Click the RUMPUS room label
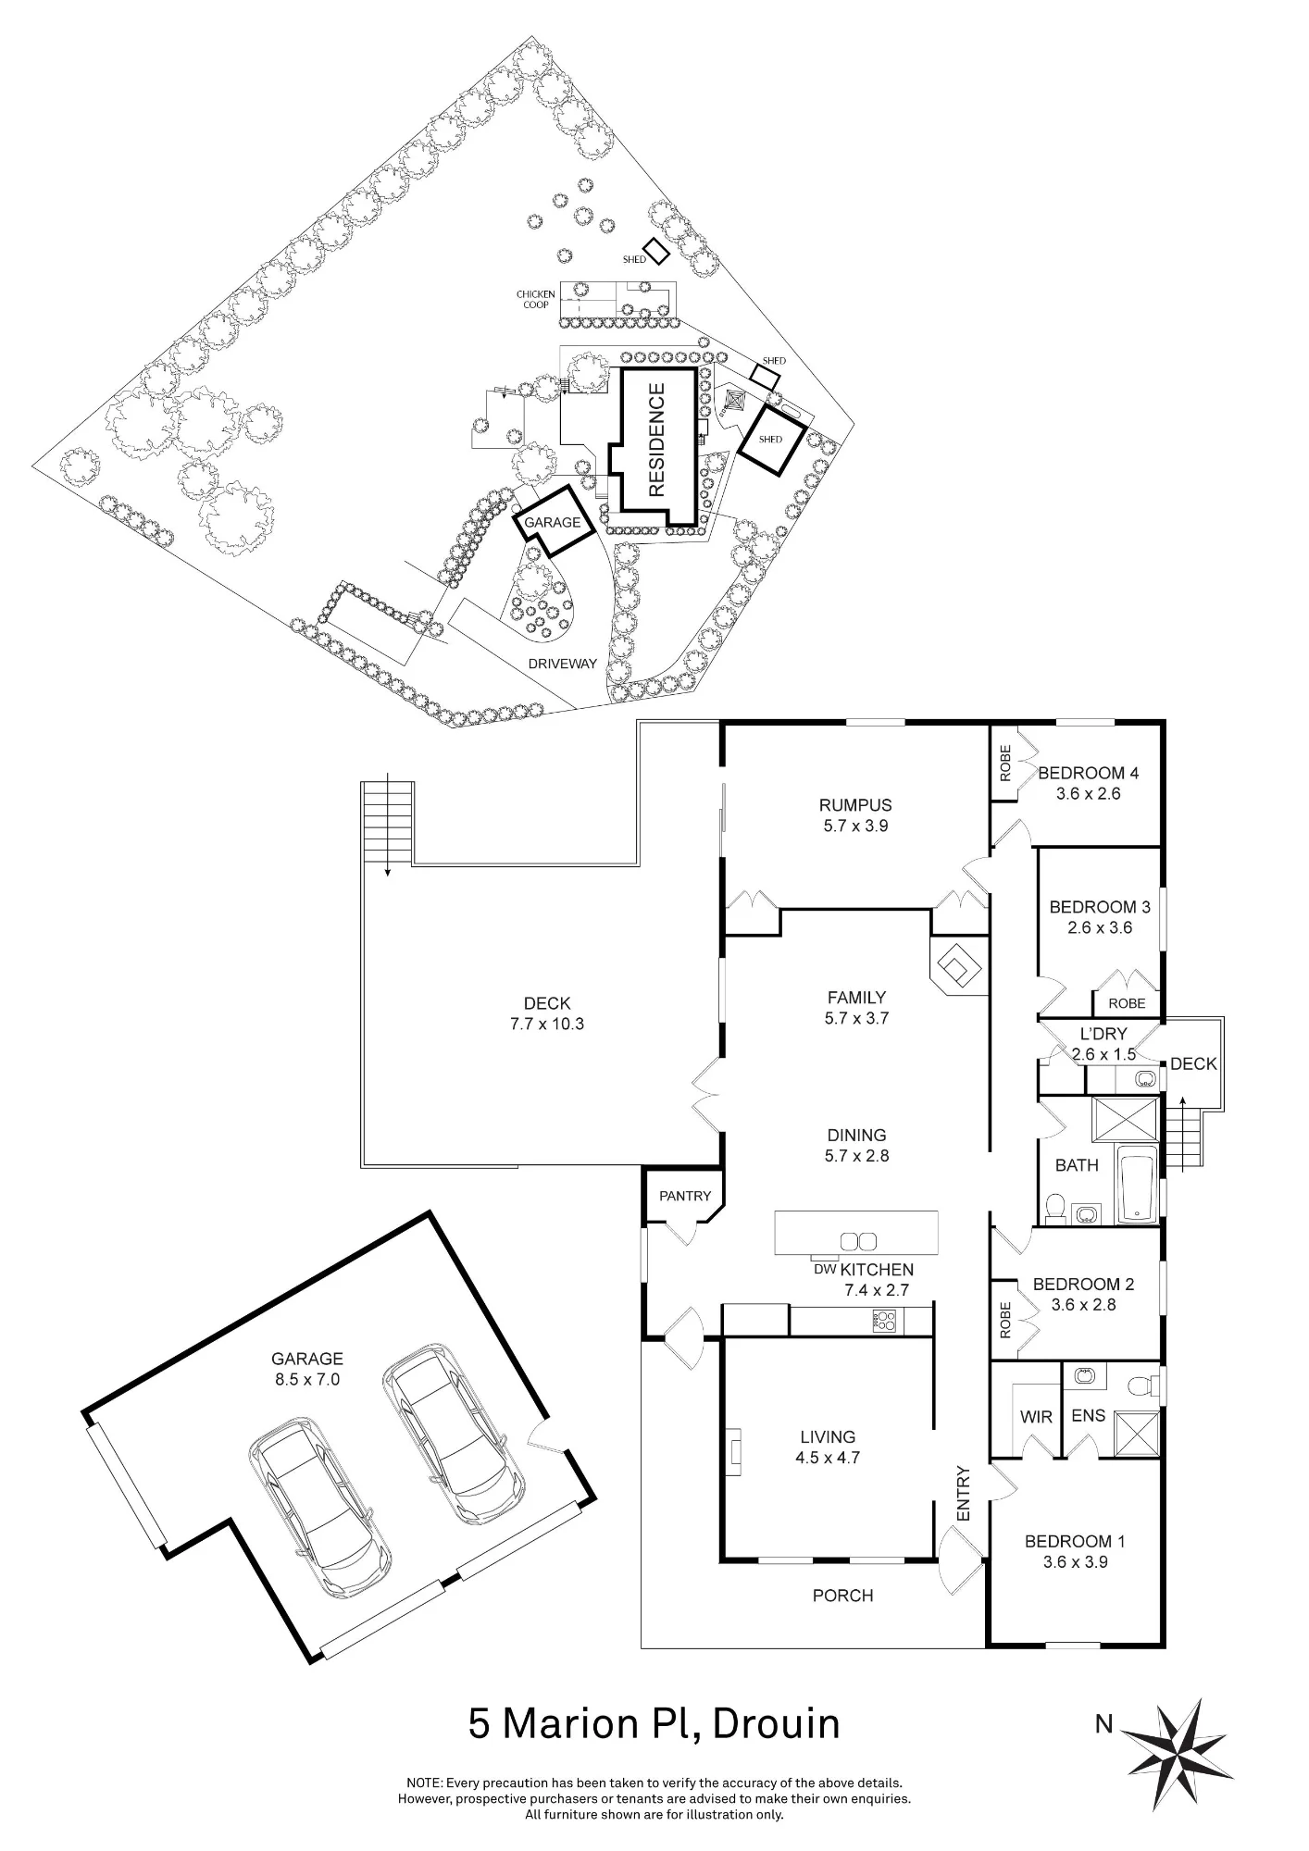[855, 805]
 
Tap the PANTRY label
[685, 1196]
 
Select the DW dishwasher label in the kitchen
[825, 1269]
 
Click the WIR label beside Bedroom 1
[1036, 1417]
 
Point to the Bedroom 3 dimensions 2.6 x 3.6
[1100, 927]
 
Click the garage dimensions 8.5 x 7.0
[306, 1379]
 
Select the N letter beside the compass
[1103, 1724]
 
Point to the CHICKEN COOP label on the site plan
[536, 299]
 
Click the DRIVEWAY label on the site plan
[562, 664]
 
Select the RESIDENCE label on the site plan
[656, 441]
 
